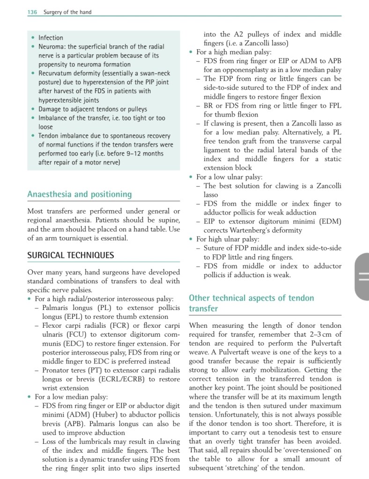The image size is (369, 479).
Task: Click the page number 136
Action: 32,12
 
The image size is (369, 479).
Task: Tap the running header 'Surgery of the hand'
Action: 67,12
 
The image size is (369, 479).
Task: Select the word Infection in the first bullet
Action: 51,37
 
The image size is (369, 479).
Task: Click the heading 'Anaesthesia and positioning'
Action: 80,194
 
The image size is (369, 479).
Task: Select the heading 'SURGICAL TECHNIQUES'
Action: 70,256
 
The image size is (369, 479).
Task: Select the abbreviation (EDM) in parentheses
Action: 329,221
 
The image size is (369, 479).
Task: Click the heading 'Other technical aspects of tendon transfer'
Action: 251,303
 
